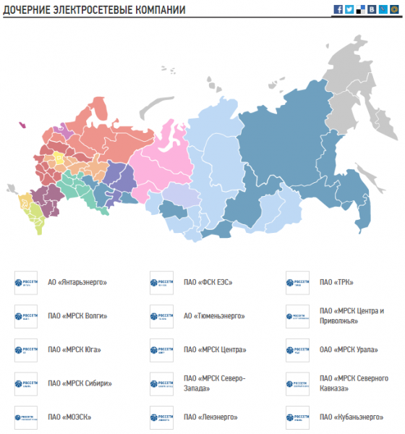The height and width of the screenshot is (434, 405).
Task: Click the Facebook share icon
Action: click(338, 9)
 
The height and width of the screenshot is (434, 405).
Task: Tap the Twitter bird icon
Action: click(349, 9)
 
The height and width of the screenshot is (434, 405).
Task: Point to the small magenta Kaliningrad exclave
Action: click(22, 125)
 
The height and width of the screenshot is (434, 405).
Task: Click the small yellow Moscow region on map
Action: click(57, 158)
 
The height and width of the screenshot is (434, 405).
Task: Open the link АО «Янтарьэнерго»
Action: click(77, 282)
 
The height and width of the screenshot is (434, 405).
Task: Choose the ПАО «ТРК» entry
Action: click(336, 282)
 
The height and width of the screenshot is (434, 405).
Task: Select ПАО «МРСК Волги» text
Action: click(77, 316)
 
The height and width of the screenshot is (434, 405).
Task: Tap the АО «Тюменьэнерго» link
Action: click(215, 316)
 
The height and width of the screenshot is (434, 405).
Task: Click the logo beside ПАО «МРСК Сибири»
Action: click(25, 383)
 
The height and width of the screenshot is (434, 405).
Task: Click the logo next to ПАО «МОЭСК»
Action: click(25, 417)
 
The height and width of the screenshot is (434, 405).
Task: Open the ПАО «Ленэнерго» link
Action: click(210, 417)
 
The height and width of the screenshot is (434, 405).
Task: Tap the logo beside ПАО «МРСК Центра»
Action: click(161, 350)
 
